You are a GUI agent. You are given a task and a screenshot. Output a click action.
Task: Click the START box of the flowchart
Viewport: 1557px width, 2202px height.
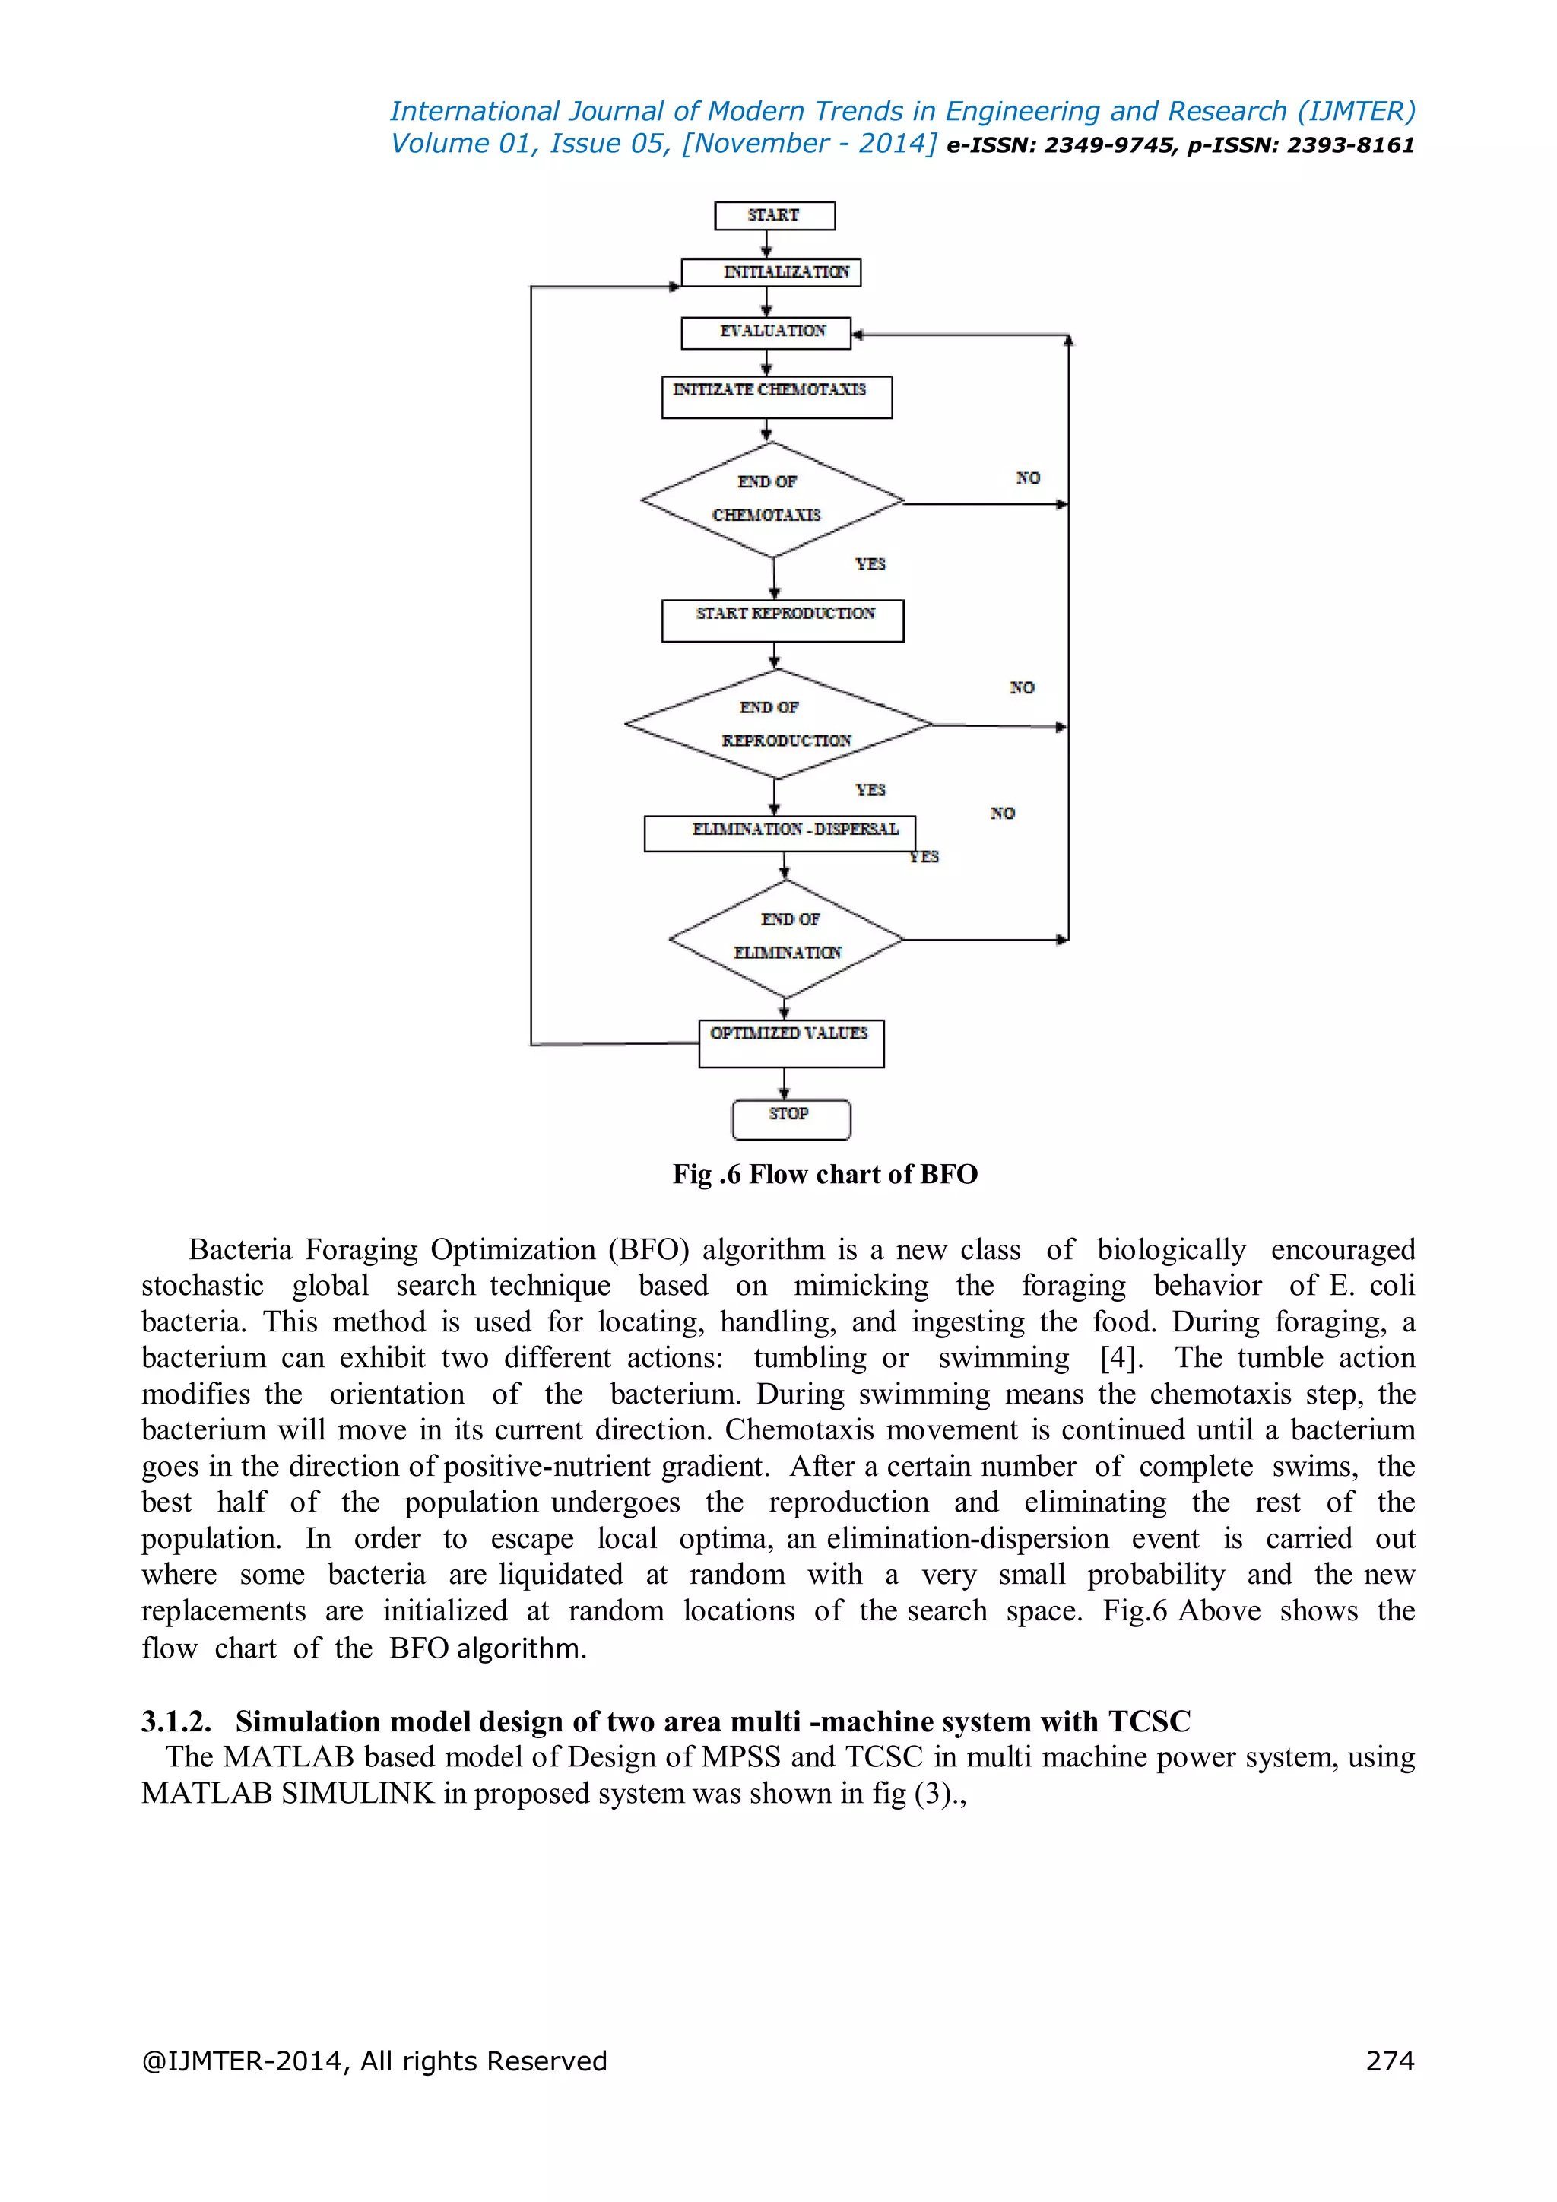(x=774, y=216)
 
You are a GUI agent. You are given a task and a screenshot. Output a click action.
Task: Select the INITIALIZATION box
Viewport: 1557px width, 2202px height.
(x=771, y=272)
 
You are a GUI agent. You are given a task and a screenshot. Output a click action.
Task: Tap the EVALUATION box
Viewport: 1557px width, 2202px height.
(x=765, y=332)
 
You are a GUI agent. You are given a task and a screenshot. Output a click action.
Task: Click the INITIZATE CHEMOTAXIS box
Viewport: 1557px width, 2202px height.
(x=775, y=396)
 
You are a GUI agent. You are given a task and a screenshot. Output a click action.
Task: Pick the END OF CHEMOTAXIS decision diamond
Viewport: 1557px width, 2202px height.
(x=772, y=500)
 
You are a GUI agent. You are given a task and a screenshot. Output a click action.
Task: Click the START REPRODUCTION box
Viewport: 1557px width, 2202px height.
(x=782, y=620)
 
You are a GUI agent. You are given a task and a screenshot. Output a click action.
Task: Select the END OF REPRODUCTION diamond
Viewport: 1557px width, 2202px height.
(x=778, y=724)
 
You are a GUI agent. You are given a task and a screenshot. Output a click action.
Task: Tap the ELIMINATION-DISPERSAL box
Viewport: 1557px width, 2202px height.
(x=779, y=833)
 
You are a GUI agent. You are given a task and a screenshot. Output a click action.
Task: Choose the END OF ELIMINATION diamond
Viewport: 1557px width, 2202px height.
(x=786, y=938)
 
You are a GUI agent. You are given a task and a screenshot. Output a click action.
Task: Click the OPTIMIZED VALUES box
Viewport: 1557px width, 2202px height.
(x=790, y=1042)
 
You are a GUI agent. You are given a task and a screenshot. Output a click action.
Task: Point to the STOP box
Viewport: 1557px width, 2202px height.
(x=790, y=1118)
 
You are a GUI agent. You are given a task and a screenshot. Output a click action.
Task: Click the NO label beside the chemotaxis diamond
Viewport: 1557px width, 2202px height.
(x=1028, y=478)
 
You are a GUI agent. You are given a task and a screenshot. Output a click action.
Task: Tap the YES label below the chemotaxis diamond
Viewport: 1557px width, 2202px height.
(x=870, y=564)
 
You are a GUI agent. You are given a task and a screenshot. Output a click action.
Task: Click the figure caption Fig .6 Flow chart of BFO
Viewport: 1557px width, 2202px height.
(x=825, y=1174)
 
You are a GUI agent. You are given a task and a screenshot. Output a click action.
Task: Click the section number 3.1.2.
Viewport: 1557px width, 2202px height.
(x=176, y=1721)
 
